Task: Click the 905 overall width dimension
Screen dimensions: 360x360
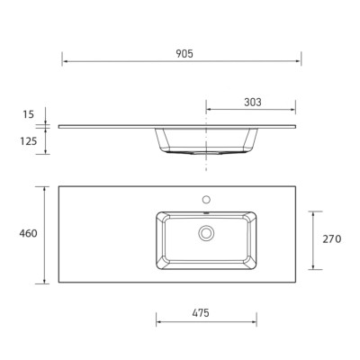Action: [x=184, y=54]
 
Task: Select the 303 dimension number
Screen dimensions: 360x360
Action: [x=253, y=103]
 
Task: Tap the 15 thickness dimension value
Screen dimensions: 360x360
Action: [x=29, y=114]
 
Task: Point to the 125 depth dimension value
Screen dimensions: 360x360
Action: [x=29, y=141]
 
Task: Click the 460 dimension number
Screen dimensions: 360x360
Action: [x=29, y=233]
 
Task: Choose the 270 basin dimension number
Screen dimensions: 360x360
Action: [x=332, y=239]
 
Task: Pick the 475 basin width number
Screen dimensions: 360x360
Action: [x=201, y=313]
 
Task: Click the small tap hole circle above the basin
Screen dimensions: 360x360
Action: [x=206, y=199]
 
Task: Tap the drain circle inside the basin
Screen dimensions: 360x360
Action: [x=206, y=233]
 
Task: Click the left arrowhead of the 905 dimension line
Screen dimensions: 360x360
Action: [x=65, y=61]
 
